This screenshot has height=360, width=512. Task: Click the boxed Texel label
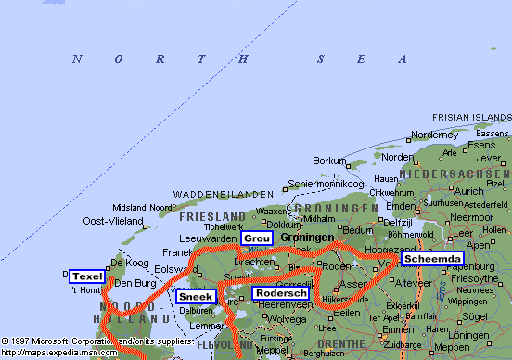(x=87, y=276)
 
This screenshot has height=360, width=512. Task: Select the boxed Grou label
(x=258, y=238)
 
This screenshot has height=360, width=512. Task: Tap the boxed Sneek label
(x=195, y=297)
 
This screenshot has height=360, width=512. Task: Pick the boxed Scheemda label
(x=431, y=259)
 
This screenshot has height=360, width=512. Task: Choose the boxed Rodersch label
(x=281, y=293)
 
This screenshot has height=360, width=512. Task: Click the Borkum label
(x=328, y=161)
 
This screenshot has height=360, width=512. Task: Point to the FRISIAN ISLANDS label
(x=472, y=117)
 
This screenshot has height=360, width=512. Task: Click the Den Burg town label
(x=133, y=282)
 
